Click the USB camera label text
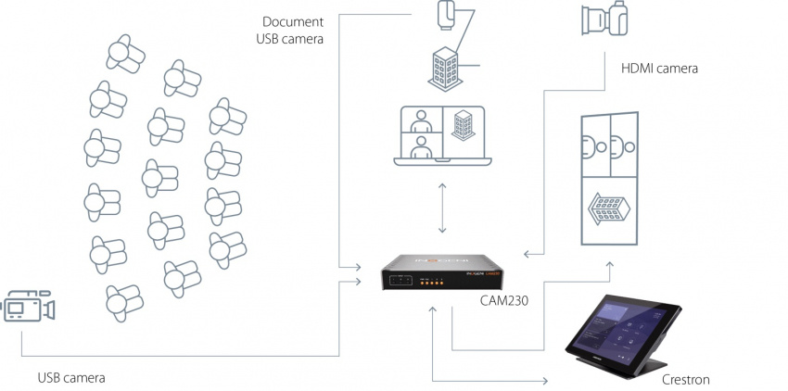(70, 378)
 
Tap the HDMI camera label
(658, 69)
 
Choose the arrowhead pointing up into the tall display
(610, 266)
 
